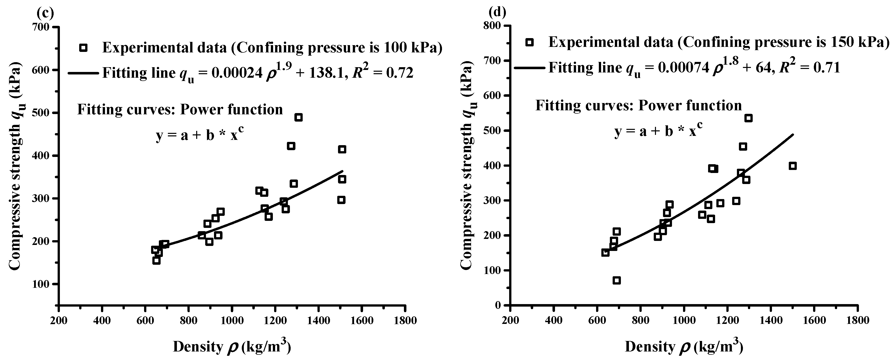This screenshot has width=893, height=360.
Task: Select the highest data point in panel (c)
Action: (x=298, y=118)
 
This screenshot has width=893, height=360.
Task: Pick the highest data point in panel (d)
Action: (x=748, y=118)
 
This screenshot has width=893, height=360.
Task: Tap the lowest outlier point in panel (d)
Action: (x=616, y=281)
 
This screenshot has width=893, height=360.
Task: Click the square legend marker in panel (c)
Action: (x=83, y=48)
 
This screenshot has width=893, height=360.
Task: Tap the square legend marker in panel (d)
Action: (x=529, y=42)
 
